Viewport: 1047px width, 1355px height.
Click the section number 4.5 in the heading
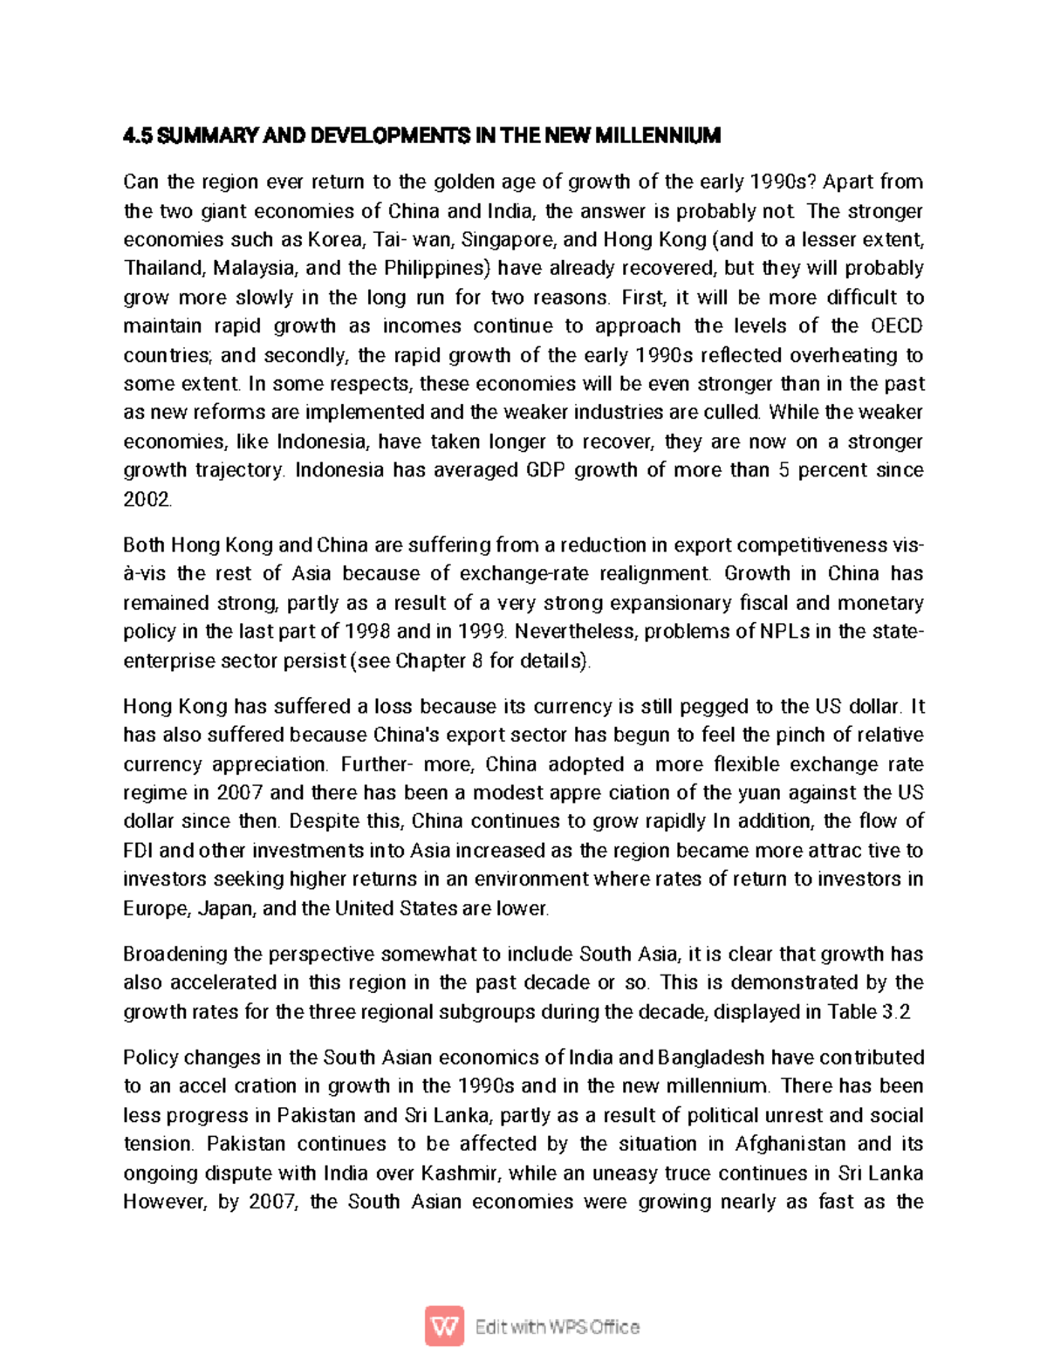click(x=137, y=136)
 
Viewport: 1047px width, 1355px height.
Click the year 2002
click(x=147, y=500)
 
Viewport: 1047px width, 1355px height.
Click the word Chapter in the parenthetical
click(x=430, y=661)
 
